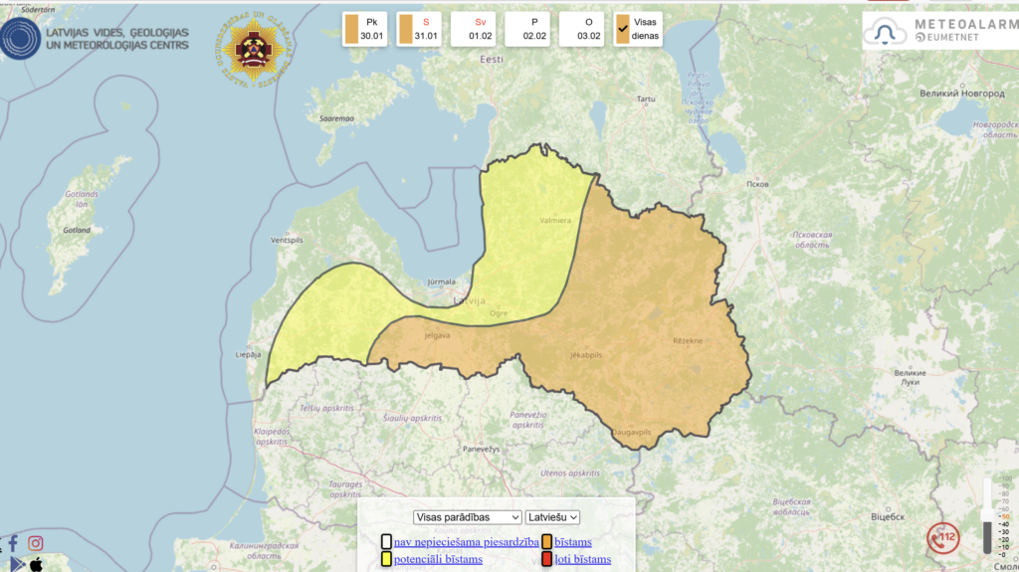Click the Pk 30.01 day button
click(x=366, y=29)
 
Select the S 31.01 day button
click(x=420, y=29)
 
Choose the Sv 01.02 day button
click(x=474, y=29)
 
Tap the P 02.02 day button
click(x=528, y=29)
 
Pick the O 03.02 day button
click(x=582, y=29)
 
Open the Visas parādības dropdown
click(x=468, y=517)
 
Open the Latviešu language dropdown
click(x=552, y=517)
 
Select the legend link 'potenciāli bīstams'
click(x=438, y=559)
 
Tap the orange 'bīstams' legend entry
click(x=572, y=542)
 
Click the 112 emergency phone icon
click(x=942, y=538)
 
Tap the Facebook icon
click(x=13, y=543)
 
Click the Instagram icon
click(x=36, y=543)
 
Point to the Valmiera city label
click(x=554, y=221)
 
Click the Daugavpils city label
click(x=631, y=432)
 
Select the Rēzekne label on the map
click(x=687, y=341)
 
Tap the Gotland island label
click(x=77, y=230)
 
